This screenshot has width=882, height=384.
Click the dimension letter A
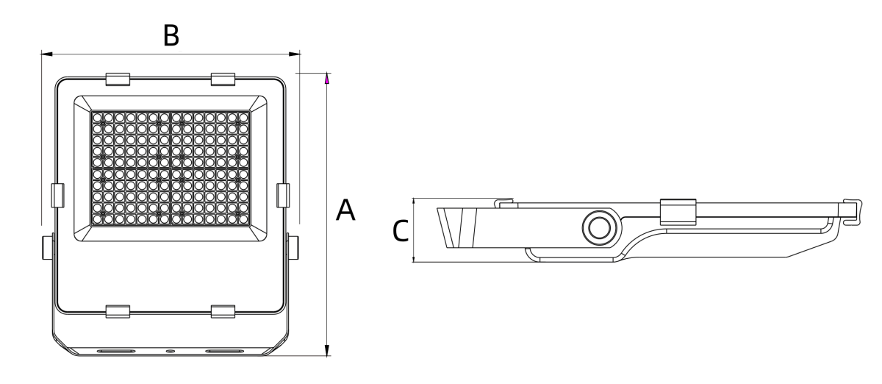point(345,210)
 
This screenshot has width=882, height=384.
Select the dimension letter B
point(171,35)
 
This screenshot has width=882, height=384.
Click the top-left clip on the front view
point(118,79)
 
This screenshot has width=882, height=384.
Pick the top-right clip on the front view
point(223,79)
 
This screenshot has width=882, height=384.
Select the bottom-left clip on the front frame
point(118,312)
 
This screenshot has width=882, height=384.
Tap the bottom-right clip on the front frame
point(223,312)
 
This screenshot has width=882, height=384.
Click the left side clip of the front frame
point(57,195)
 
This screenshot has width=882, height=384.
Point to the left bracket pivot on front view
point(49,247)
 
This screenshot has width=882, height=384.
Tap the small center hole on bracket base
point(171,352)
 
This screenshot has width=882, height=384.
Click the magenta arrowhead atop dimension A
point(327,78)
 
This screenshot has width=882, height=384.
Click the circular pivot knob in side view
point(596,228)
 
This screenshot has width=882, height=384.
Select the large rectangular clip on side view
point(678,212)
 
